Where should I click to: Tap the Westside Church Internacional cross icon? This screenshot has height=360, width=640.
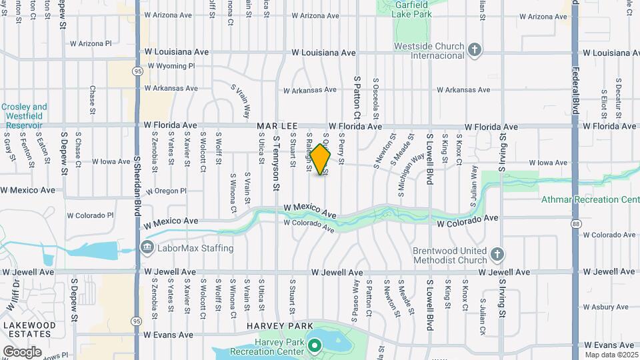tap(474, 49)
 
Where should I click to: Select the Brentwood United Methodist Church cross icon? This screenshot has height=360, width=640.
tap(497, 254)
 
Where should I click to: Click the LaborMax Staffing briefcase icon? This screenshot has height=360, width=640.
tap(147, 248)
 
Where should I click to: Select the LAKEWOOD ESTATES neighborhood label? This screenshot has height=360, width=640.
tap(29, 329)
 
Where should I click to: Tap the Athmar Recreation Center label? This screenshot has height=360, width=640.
tap(590, 199)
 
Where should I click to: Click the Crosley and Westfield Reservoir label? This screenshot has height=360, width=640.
tap(24, 115)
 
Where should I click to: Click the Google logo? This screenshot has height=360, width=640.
tap(22, 351)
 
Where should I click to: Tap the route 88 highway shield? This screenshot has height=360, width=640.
tap(575, 225)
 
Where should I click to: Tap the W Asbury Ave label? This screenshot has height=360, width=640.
tap(606, 307)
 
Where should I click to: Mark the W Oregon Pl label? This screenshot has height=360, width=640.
tap(166, 191)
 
